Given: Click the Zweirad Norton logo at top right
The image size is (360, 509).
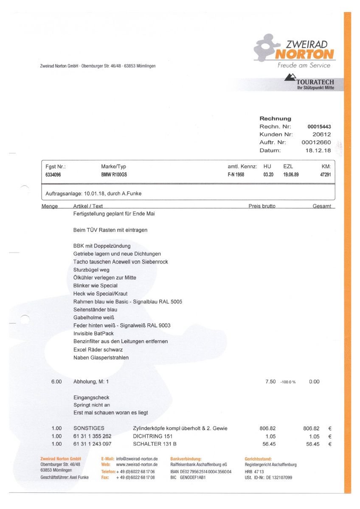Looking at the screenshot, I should [294, 50].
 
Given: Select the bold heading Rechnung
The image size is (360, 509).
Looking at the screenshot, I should [275, 119].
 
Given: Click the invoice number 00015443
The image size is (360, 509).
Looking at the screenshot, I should [319, 127].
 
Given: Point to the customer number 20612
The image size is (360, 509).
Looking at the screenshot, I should [321, 134].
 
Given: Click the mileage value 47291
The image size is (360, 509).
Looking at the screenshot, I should [325, 175].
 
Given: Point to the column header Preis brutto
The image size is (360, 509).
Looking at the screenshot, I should [262, 206].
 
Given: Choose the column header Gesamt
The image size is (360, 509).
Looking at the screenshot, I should [321, 206].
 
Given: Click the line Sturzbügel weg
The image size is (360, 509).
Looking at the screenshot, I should [91, 270].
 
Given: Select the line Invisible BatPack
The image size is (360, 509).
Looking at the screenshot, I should [93, 333].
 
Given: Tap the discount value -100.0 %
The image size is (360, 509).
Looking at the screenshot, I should [288, 382].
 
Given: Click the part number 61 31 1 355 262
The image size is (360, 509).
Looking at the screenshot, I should [93, 436].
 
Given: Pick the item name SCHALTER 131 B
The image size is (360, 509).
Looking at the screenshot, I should [155, 444].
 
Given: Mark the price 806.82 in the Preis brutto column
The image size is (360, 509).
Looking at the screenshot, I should [267, 428].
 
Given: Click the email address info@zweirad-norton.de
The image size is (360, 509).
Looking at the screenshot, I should [137, 459].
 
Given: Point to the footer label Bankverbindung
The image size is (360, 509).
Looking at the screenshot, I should [186, 459].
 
